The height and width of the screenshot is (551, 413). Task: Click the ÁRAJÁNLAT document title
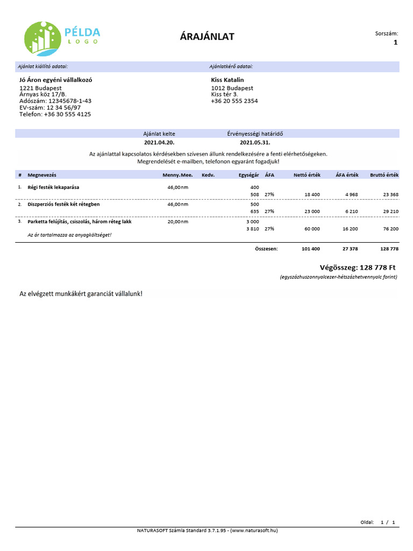click(x=207, y=37)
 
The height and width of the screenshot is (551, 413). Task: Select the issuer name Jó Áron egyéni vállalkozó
click(x=56, y=80)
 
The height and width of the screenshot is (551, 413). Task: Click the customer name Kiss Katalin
click(x=227, y=80)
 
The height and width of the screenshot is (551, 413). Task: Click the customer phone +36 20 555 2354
click(x=234, y=101)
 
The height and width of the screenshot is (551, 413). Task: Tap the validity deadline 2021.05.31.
click(x=255, y=143)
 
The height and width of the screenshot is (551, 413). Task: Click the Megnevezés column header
click(x=42, y=175)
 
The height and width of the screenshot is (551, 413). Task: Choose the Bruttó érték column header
click(x=384, y=175)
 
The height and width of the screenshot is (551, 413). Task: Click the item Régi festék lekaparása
click(x=53, y=187)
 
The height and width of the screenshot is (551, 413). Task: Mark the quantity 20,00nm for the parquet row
click(x=178, y=222)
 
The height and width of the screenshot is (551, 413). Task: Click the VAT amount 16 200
click(x=349, y=229)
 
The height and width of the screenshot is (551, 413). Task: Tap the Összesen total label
click(x=266, y=249)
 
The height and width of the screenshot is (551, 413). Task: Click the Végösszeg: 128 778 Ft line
click(x=358, y=267)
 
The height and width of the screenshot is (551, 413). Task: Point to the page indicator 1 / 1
click(x=388, y=522)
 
